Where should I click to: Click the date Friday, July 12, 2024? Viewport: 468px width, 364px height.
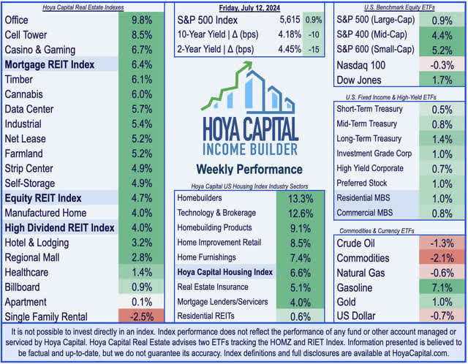246,8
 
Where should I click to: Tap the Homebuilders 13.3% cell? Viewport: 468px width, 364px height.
301,198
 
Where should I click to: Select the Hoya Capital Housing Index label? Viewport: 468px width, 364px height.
224,272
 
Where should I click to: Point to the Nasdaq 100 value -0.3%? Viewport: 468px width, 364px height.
441,64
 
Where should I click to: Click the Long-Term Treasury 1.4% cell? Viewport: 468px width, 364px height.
441,138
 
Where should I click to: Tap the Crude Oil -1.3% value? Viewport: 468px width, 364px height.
441,242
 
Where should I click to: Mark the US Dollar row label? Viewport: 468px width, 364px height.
356,316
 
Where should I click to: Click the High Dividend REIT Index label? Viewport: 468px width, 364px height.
58,227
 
